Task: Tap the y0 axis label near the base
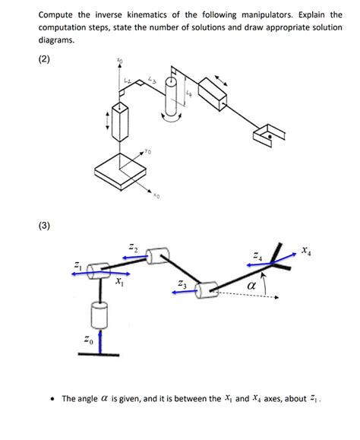[x=149, y=152]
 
